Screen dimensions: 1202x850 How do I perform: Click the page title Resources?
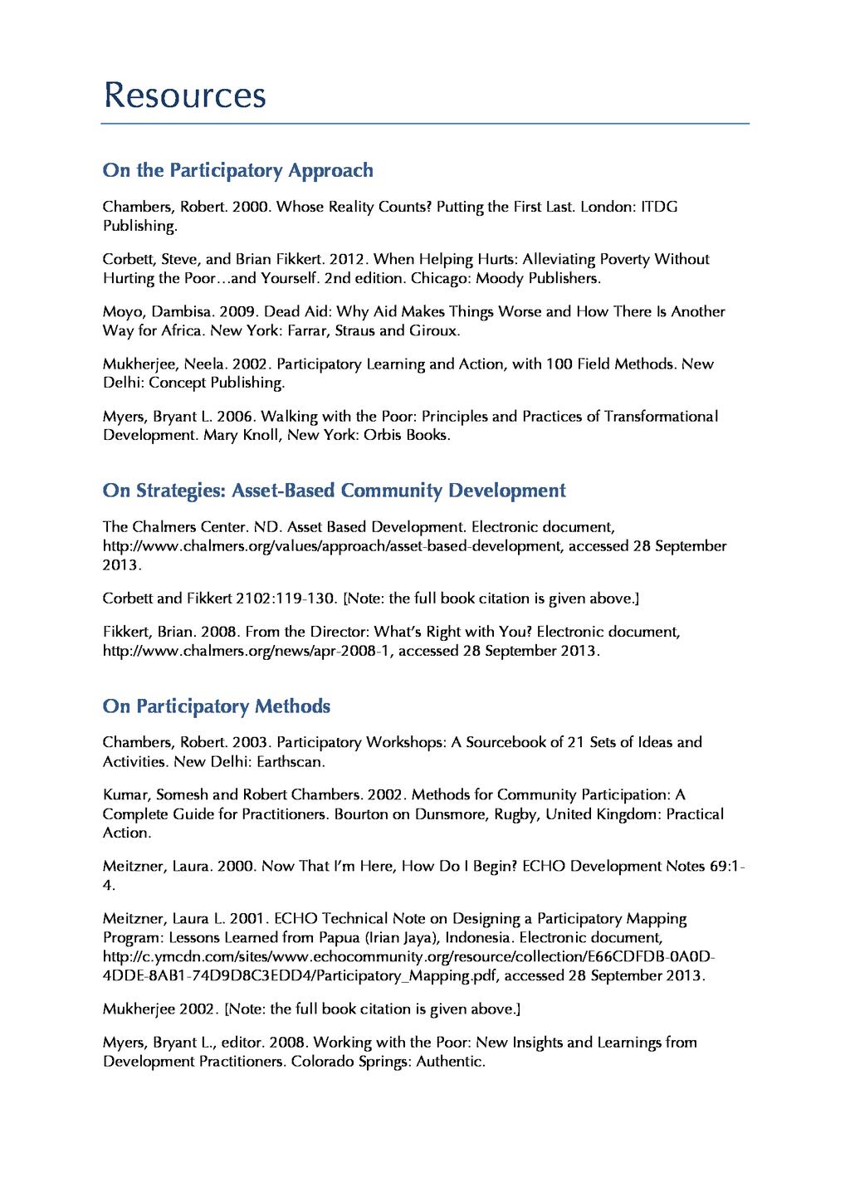click(x=184, y=95)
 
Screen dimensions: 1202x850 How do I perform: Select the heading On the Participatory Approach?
click(x=237, y=171)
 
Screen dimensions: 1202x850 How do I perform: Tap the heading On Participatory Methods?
click(x=216, y=706)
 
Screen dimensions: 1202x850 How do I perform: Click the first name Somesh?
click(x=183, y=794)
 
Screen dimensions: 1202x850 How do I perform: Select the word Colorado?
click(x=322, y=1062)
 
